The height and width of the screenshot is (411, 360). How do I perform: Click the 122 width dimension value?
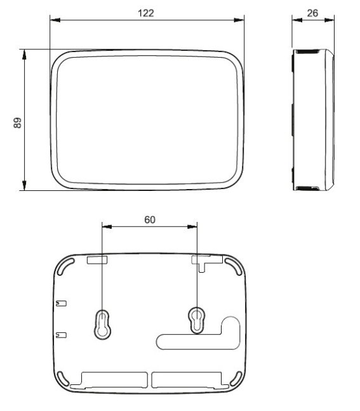145,13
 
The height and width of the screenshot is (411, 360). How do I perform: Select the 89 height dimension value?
17,122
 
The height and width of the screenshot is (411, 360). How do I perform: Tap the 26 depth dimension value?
312,13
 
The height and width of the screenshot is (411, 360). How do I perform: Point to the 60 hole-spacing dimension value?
150,219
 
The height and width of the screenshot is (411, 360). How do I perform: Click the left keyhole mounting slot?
102,324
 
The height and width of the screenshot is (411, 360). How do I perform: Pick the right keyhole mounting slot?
197,320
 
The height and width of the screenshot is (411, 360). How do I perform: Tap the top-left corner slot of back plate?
65,266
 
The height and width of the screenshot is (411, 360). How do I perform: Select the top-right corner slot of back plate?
233,266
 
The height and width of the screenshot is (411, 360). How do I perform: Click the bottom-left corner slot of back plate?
63,379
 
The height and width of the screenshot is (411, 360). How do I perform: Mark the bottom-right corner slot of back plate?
236,379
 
